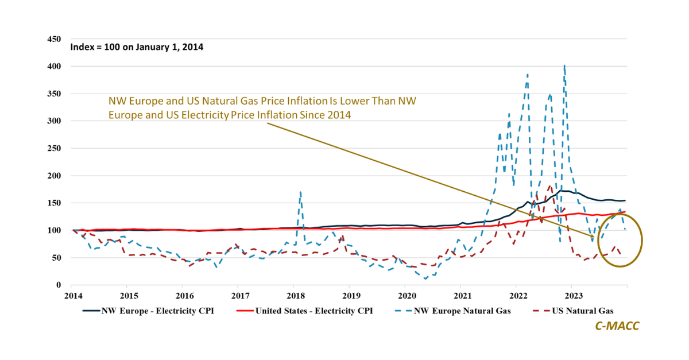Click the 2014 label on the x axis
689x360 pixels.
tap(72, 296)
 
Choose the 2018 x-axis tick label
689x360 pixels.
tap(295, 296)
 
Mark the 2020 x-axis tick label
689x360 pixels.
tap(407, 296)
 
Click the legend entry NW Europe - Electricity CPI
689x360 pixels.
tap(145, 311)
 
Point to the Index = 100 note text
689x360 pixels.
tap(137, 47)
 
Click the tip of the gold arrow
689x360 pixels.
tap(594, 237)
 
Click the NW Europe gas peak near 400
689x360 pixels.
tap(564, 66)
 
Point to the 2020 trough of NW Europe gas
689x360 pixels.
tap(425, 279)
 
